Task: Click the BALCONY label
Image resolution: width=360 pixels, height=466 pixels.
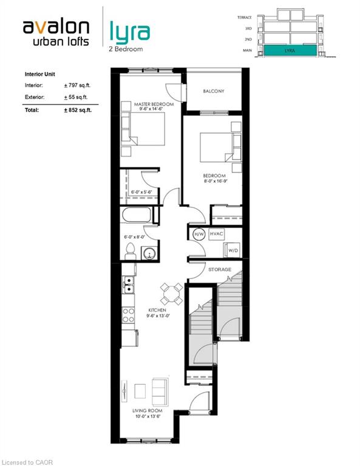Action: [214, 91]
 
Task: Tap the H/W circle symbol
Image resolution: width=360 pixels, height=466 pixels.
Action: [199, 234]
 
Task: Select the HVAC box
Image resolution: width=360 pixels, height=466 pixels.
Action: [216, 234]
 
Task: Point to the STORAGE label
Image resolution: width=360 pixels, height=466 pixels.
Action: [220, 269]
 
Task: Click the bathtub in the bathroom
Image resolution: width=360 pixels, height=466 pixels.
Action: [137, 215]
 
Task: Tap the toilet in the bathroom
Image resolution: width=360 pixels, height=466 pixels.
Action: [131, 251]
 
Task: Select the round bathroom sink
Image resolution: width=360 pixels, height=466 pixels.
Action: [149, 253]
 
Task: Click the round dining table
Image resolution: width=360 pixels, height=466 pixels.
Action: [171, 294]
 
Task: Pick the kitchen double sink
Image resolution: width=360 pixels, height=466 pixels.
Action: [129, 285]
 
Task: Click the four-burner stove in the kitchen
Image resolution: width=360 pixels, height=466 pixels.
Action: [129, 316]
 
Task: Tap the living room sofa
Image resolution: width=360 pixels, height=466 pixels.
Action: [160, 392]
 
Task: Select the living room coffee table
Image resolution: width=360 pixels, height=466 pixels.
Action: [140, 391]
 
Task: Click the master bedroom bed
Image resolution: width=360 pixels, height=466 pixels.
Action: [143, 129]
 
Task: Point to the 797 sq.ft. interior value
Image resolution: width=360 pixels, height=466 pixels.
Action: [77, 86]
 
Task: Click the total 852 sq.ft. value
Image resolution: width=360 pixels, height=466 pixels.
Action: [78, 110]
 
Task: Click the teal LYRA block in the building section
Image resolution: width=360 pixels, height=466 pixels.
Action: [290, 50]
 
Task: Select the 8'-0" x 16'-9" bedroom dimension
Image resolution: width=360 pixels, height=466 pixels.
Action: [216, 181]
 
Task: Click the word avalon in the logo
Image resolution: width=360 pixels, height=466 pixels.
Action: [56, 27]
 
